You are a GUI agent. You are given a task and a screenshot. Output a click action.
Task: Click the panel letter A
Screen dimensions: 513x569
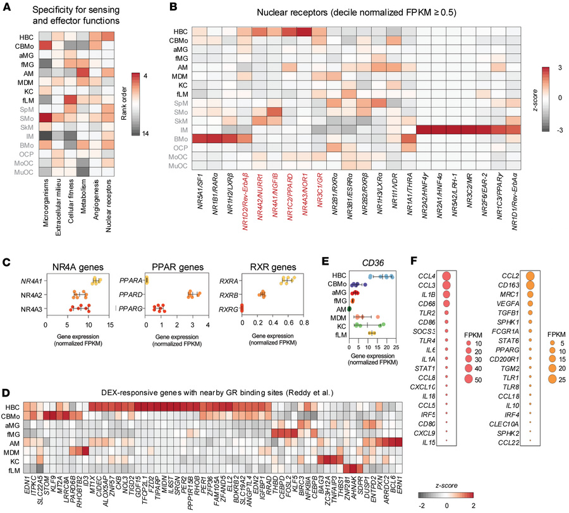point(6,8)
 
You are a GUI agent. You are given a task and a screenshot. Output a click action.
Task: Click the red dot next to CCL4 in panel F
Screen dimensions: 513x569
point(447,275)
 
